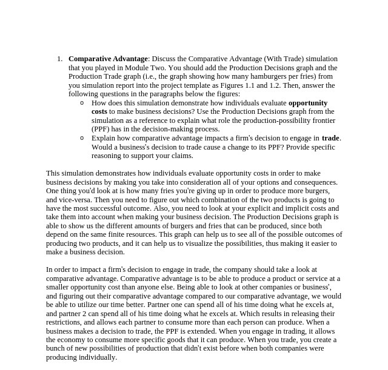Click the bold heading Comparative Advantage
point(108,59)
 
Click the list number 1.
point(59,59)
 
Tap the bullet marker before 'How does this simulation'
point(82,103)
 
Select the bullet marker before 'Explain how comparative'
point(82,138)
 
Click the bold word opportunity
point(308,103)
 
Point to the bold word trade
point(330,138)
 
